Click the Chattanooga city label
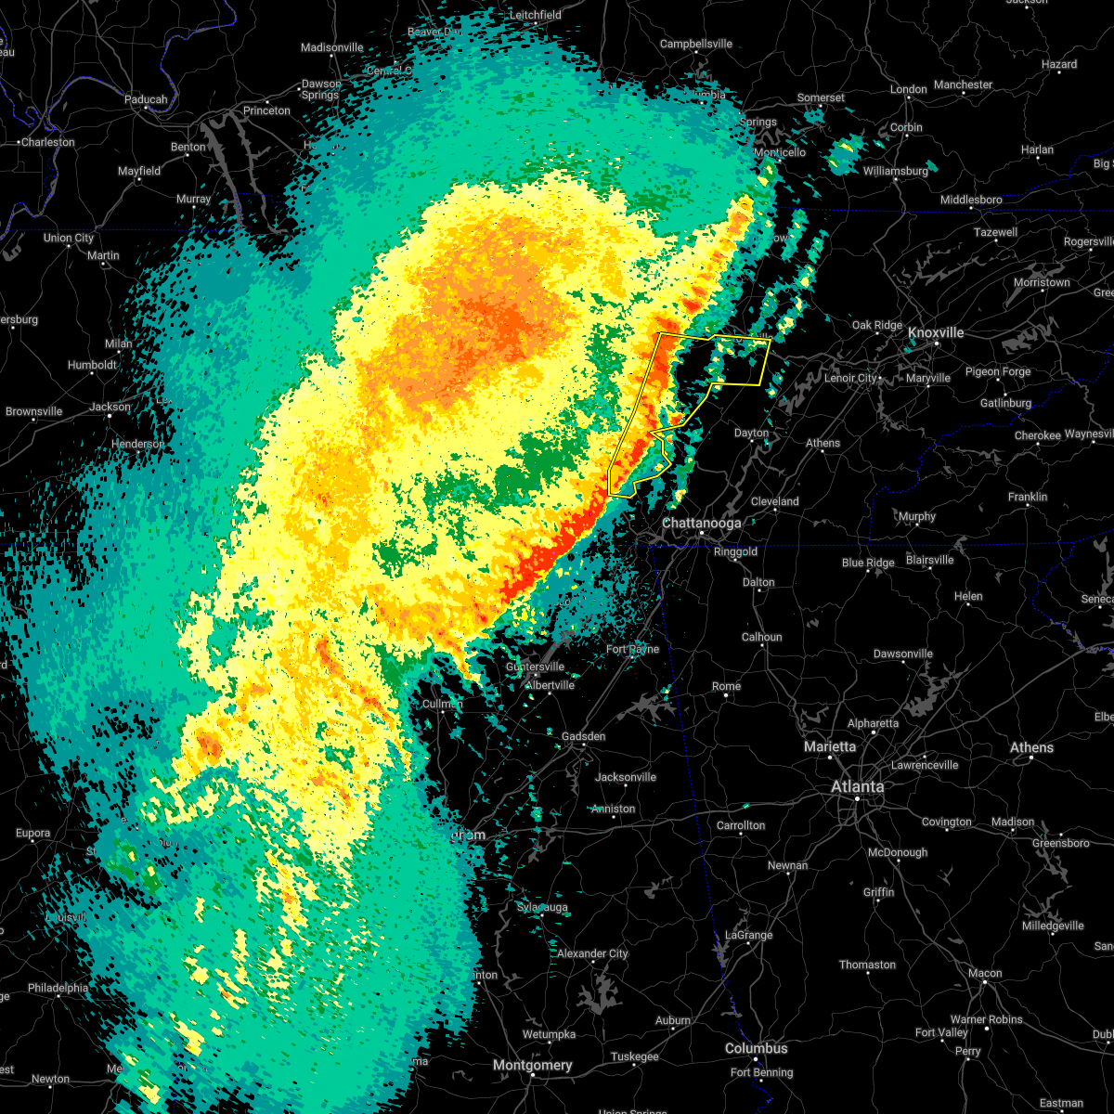coord(701,524)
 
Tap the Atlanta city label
coord(857,787)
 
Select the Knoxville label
coord(936,333)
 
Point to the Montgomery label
coord(532,1065)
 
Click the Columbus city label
coord(756,1049)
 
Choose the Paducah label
coord(146,100)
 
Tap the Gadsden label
coord(583,736)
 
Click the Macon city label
coord(984,974)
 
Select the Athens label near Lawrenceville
coord(1031,747)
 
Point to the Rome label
coord(726,687)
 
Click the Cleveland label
coord(774,501)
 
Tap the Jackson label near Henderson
coord(110,407)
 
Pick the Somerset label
coord(821,97)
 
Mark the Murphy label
coord(916,517)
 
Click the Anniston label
coord(613,809)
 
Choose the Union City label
coord(69,239)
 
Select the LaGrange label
coord(747,935)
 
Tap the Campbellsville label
coord(695,44)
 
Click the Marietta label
coord(830,747)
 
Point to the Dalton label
coord(758,582)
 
